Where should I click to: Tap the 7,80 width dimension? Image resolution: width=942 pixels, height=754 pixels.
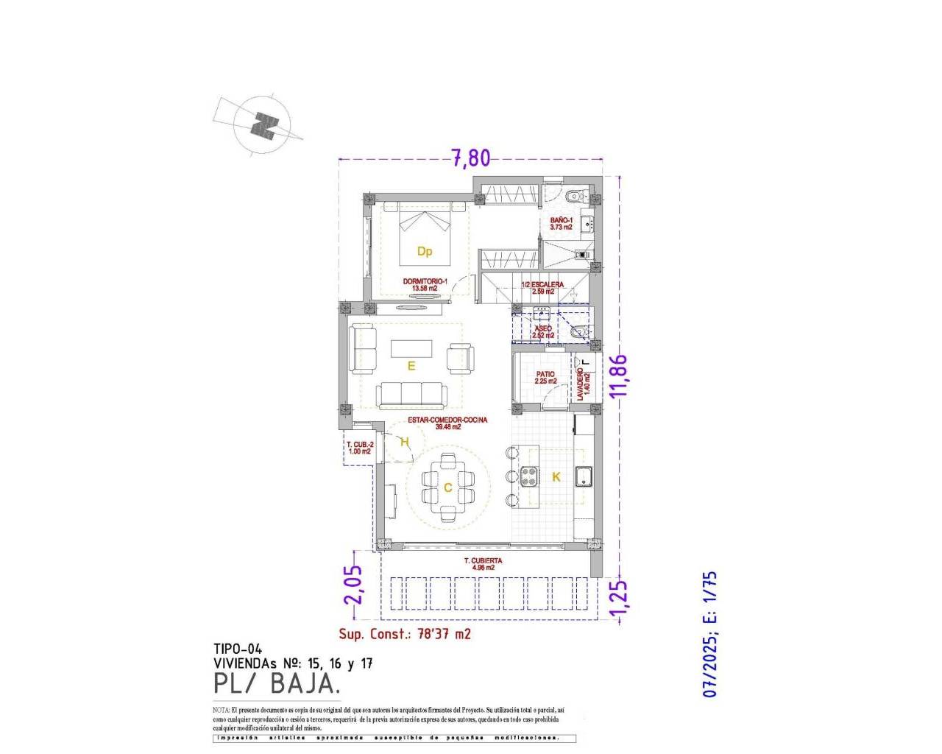coord(470,158)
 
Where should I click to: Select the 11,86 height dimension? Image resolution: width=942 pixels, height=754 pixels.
coord(620,376)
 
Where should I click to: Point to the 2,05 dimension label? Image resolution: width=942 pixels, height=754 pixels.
coord(354,584)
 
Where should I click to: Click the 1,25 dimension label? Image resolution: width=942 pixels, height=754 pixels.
coord(620,597)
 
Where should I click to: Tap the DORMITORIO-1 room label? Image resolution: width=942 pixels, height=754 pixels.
coord(425,285)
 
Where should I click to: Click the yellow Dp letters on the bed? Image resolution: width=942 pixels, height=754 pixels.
coord(425,252)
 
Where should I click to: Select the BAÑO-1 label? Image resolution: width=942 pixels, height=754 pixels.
coord(561,224)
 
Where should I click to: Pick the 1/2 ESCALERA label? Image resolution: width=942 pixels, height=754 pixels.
coord(542,288)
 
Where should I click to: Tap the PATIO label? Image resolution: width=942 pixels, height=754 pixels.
coord(545,378)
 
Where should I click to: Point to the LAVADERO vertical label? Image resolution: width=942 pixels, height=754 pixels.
coord(583,384)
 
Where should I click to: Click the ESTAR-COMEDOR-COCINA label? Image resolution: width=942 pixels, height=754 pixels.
coord(447,423)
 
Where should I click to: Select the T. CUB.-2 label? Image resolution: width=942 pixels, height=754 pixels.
coord(360,448)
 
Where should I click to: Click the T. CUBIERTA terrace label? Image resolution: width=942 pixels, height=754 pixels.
coord(483,564)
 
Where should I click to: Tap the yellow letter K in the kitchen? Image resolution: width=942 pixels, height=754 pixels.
coord(556,477)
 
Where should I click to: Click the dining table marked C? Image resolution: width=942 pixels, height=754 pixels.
coord(447,487)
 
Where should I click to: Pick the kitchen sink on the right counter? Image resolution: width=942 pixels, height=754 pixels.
coord(584,477)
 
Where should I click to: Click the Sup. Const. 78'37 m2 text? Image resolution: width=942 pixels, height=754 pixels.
coord(405,634)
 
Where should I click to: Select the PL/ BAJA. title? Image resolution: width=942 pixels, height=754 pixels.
coord(277,684)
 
